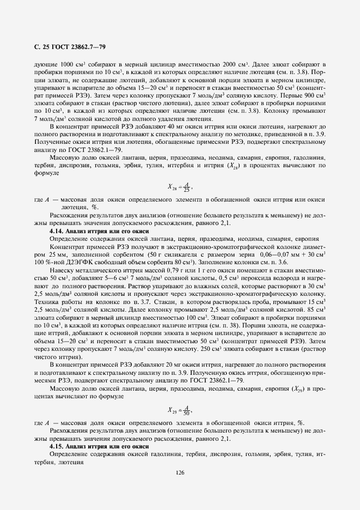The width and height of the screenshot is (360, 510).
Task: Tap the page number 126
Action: coord(180,472)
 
